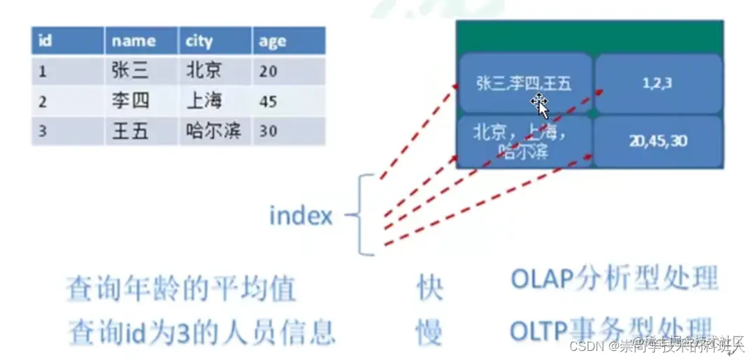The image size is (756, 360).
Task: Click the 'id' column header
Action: point(68,41)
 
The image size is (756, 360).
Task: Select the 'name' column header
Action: point(141,41)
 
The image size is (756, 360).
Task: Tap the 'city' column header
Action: point(214,41)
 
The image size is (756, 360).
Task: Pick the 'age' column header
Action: point(288,41)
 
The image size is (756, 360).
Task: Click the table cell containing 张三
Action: point(141,71)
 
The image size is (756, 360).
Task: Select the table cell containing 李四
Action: point(141,101)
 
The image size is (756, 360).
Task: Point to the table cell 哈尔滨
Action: point(214,131)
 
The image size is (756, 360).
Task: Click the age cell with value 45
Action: point(288,101)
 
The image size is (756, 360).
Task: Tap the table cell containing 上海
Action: point(214,101)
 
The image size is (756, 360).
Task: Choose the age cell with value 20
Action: point(288,71)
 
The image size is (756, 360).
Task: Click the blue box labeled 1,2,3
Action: point(657,83)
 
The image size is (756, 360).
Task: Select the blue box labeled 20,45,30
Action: point(657,141)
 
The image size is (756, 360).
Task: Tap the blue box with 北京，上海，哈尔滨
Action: point(524,141)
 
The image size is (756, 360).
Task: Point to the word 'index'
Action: point(301,216)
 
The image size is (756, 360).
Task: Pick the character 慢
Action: point(429,332)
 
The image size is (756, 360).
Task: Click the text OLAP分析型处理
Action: point(614,279)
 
